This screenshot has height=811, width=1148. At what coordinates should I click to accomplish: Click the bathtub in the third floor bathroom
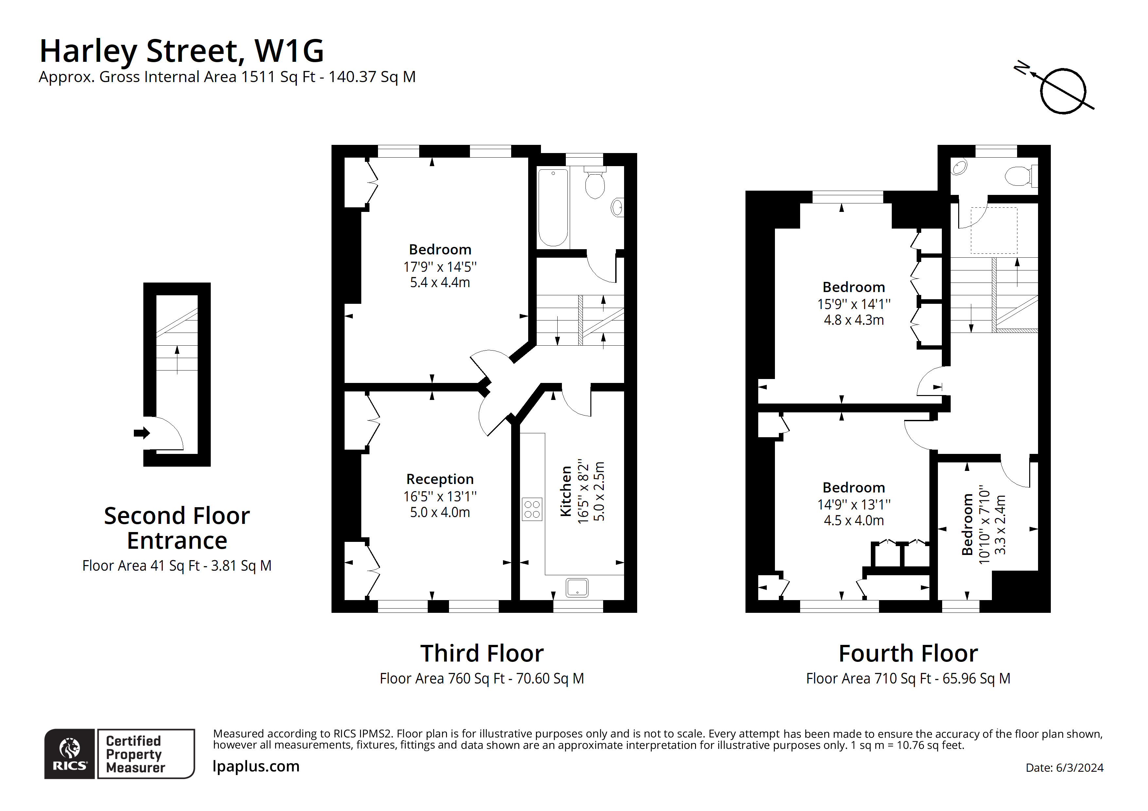tap(553, 207)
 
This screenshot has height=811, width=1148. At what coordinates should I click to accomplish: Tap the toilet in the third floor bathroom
tap(595, 184)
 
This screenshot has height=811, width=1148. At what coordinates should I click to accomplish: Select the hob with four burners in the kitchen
tap(532, 509)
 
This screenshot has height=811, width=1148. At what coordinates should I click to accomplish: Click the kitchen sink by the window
tap(577, 588)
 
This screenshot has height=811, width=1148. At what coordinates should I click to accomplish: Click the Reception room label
tap(439, 479)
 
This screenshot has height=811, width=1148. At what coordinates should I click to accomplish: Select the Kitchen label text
tap(566, 491)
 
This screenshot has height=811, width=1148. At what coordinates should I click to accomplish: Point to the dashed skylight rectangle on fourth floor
tap(994, 230)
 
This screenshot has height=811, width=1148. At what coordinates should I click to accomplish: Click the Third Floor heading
tap(481, 654)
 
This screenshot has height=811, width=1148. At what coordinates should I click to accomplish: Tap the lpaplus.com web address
tap(256, 767)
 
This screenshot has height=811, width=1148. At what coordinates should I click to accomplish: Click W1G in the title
tap(289, 51)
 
